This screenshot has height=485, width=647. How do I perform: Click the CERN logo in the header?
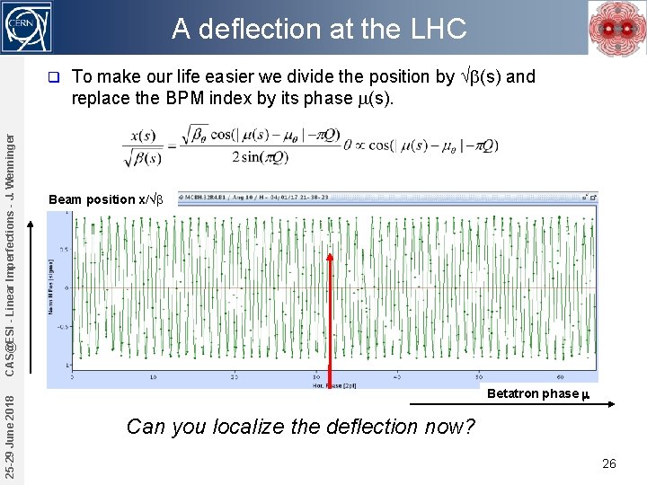27,26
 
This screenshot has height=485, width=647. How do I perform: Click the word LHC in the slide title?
438,30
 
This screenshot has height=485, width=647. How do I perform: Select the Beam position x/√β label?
105,199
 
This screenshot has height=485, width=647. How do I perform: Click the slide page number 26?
608,464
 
